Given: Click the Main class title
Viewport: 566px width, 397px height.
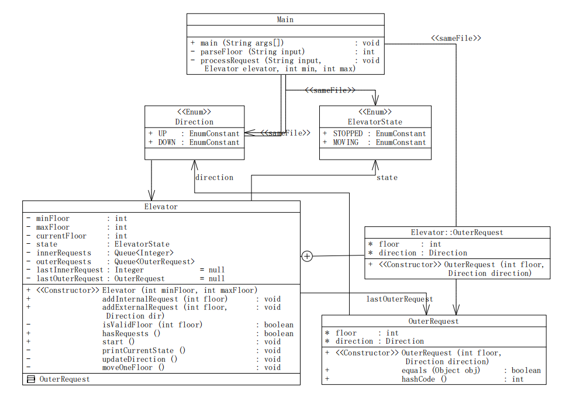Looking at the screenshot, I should point(285,19).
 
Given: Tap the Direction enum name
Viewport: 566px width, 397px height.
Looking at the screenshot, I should point(194,122).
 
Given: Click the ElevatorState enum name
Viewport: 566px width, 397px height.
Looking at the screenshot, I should point(375,122).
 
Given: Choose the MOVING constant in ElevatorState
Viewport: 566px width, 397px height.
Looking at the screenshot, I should point(346,142).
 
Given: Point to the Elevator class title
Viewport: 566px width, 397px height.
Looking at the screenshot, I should point(161,206).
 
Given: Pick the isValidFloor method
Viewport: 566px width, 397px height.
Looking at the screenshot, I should point(152,324).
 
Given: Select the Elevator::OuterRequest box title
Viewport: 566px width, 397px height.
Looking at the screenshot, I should point(457,232).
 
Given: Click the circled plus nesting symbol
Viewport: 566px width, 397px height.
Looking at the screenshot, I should point(307,256).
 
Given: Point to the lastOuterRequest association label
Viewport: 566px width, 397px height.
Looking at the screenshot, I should point(399,299).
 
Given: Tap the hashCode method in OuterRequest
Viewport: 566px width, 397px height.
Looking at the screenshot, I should point(424,379).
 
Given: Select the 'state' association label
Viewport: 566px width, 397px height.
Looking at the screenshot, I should point(386,177).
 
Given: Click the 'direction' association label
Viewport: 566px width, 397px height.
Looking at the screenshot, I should point(214,177).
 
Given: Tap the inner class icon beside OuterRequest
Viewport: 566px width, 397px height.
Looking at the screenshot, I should point(31,379).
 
